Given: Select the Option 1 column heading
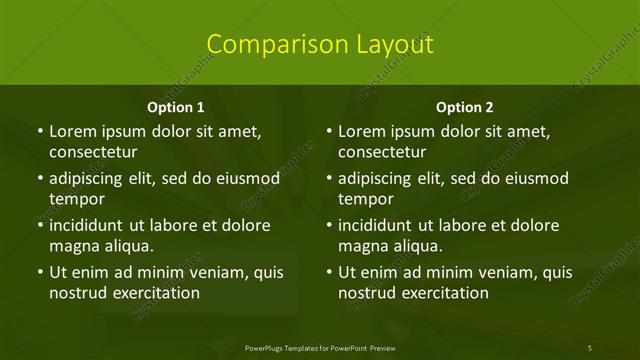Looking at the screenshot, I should [176, 107].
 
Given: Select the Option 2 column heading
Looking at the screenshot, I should [465, 107].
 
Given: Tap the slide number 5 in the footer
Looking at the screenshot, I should [590, 347].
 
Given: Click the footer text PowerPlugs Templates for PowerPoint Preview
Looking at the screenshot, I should [320, 347].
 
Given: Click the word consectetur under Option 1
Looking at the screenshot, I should [93, 152].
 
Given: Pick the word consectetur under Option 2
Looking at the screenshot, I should [382, 152].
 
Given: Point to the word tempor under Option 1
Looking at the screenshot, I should [77, 199].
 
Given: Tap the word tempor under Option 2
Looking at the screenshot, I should [366, 199].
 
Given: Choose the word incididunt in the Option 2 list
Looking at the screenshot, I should [385, 225].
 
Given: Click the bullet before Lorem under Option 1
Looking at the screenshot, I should [39, 131].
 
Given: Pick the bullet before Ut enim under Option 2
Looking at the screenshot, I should [328, 272].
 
